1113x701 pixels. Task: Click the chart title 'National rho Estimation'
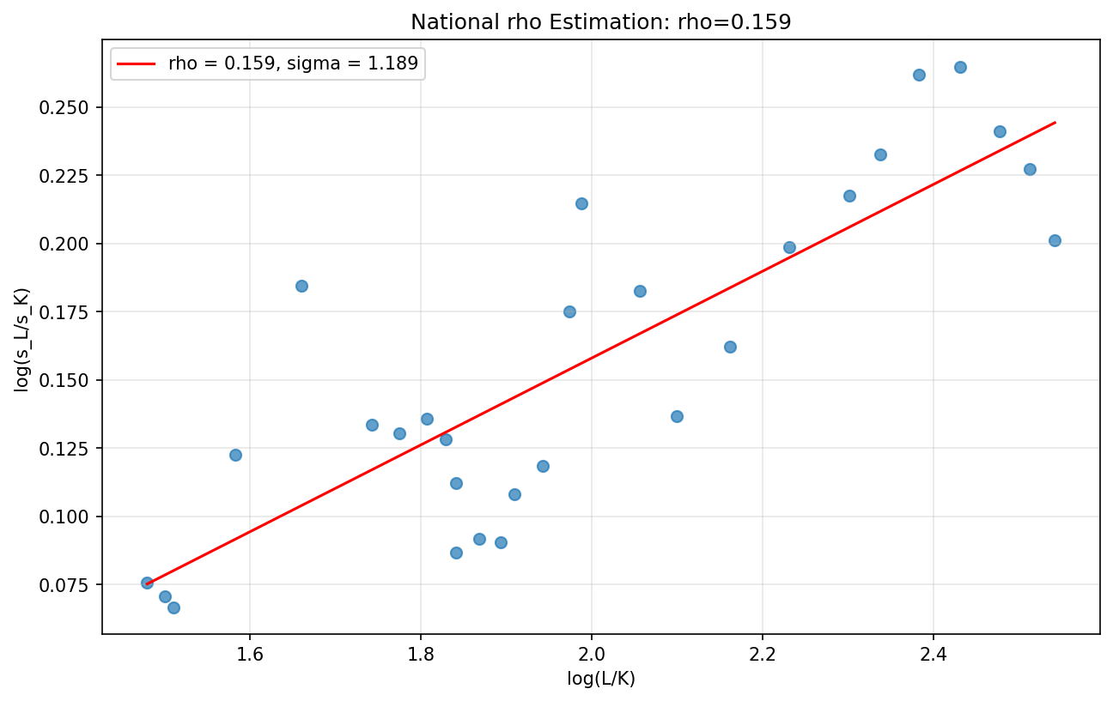point(600,22)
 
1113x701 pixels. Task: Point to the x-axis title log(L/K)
point(600,679)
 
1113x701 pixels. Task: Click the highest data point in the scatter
point(960,67)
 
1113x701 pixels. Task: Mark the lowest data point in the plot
point(173,607)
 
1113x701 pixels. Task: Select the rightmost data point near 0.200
point(1055,240)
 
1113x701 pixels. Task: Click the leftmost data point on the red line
point(147,583)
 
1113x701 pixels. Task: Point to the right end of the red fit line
point(1055,123)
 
